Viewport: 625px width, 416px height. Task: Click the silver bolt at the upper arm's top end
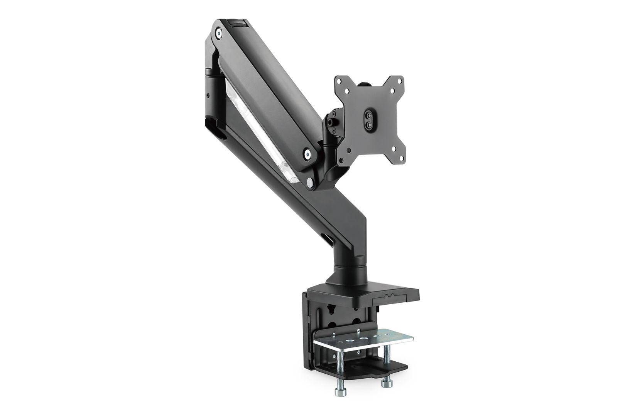click(219, 34)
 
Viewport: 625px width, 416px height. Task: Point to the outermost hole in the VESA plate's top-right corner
click(399, 81)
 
